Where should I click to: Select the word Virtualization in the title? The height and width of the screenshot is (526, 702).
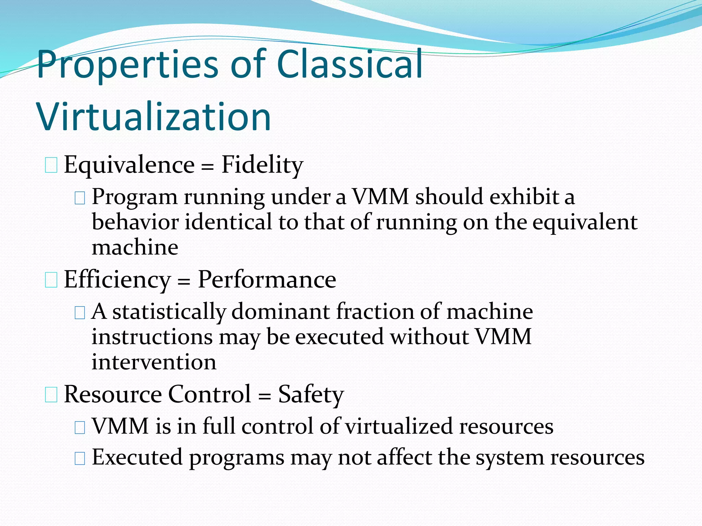(x=154, y=117)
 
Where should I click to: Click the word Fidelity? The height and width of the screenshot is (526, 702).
(x=262, y=165)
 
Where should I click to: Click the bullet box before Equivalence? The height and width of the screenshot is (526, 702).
(x=51, y=166)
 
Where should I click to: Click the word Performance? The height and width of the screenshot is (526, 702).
(x=267, y=280)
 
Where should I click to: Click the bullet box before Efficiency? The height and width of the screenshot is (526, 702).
(x=51, y=280)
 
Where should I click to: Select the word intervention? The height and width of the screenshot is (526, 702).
(x=154, y=362)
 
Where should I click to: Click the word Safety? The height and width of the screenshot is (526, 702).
(x=311, y=395)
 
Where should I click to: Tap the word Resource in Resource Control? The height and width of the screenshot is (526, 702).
(x=113, y=394)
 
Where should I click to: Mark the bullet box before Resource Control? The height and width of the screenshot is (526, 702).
(x=51, y=395)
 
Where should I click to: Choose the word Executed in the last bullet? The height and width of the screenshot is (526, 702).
(x=137, y=458)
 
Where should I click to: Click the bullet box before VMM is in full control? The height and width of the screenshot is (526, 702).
(x=80, y=427)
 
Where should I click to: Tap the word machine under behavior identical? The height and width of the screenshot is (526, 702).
(x=135, y=247)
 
